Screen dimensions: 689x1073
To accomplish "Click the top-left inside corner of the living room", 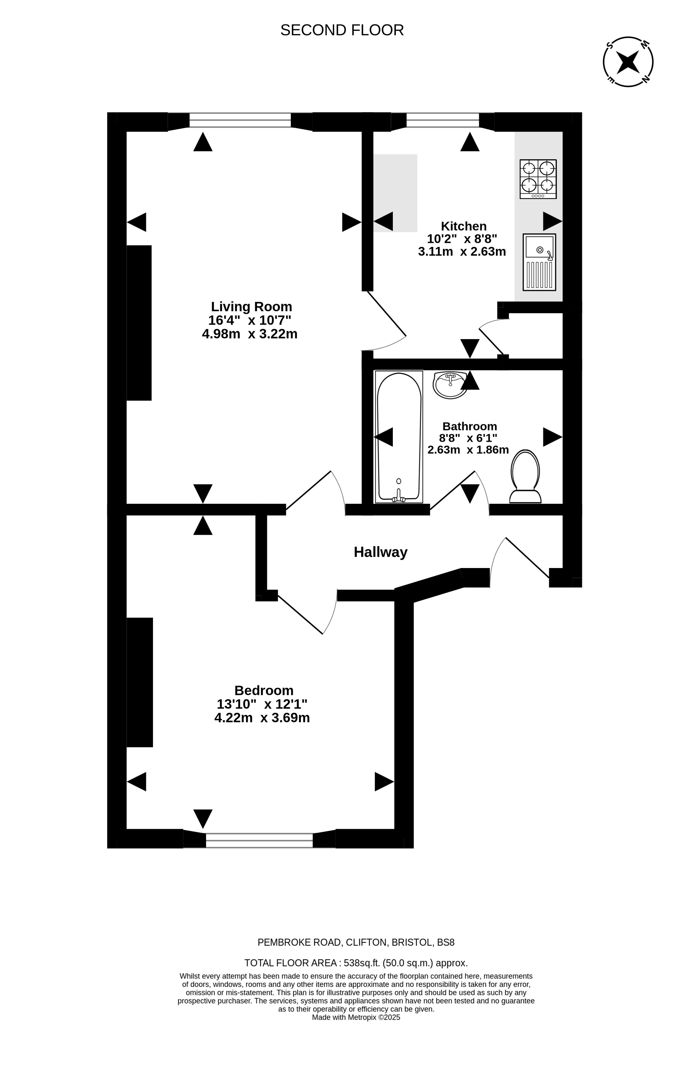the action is pyautogui.click(x=127, y=131).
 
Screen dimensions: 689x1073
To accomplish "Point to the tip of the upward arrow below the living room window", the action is pyautogui.click(x=203, y=132).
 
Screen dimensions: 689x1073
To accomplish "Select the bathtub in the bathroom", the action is pyautogui.click(x=399, y=437).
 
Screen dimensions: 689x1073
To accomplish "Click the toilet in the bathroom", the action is pyautogui.click(x=525, y=476).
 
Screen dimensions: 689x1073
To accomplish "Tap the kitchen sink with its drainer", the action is pyautogui.click(x=539, y=262).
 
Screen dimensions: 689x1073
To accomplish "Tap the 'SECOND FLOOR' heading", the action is pyautogui.click(x=342, y=30).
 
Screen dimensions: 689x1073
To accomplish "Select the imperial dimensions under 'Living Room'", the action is pyautogui.click(x=250, y=320).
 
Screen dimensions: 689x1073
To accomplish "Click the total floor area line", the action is pyautogui.click(x=356, y=963).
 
